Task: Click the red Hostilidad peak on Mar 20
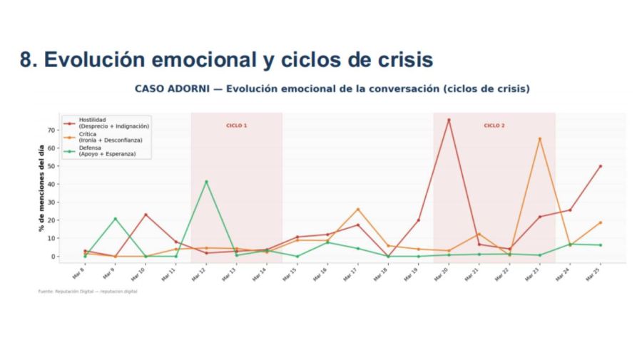[x=449, y=120]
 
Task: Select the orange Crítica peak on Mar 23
[x=539, y=139]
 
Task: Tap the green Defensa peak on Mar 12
[x=206, y=181]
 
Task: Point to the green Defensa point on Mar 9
[x=115, y=219]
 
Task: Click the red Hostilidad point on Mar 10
[x=146, y=215]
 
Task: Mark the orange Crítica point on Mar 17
[x=358, y=209]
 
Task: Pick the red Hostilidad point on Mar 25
[x=601, y=166]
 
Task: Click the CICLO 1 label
[x=236, y=125]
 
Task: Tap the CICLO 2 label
[x=494, y=125]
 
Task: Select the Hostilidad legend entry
[x=107, y=123]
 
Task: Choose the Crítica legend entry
[x=110, y=137]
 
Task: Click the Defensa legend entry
[x=107, y=151]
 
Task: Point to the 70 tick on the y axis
[x=51, y=130]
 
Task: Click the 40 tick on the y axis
[x=51, y=184]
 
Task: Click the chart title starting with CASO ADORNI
[x=332, y=89]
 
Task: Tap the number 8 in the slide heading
[x=27, y=61]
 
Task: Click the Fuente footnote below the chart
[x=87, y=291]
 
